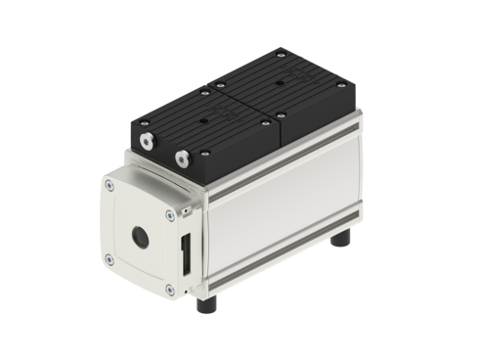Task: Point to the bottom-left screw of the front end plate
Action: (x=109, y=259)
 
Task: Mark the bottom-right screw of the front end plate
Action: (x=170, y=289)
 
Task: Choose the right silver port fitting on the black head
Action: (x=181, y=156)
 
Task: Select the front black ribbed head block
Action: (x=196, y=137)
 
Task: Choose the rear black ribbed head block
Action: (x=293, y=93)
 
